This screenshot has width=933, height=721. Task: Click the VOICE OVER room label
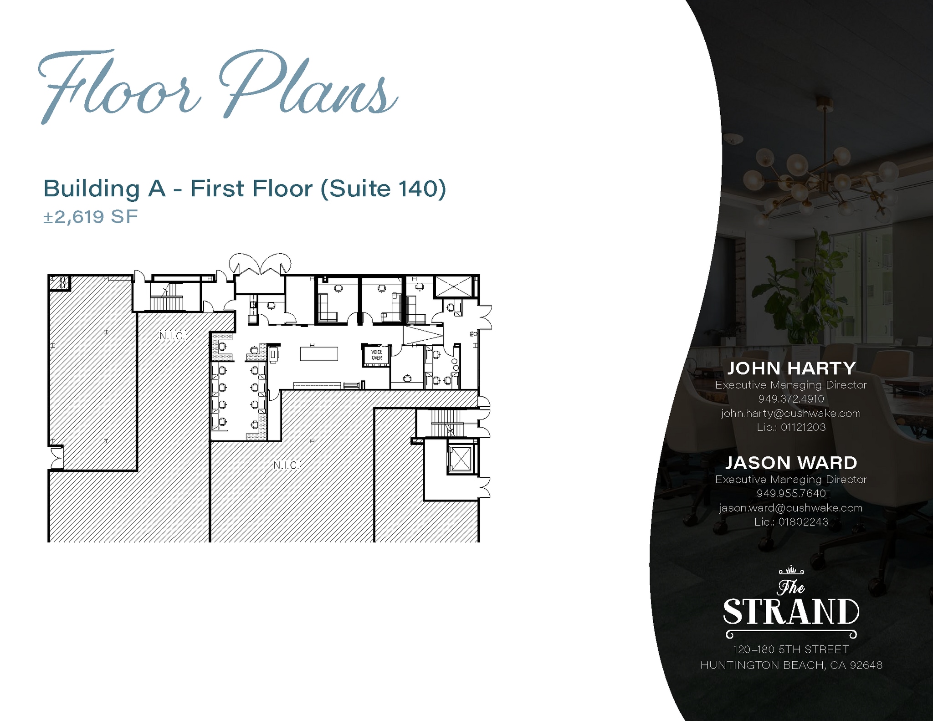tap(377, 355)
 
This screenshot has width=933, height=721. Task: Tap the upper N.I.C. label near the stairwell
tap(172, 336)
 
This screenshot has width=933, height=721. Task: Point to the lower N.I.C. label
tap(286, 465)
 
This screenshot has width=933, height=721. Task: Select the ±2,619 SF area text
tap(90, 217)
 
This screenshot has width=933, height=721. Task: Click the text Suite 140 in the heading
tap(383, 189)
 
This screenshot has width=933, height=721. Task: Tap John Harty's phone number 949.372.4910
tap(791, 399)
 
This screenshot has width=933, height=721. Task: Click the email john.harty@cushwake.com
tap(791, 414)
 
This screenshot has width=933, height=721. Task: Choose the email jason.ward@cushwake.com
tap(791, 508)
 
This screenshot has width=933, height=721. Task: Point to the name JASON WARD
tap(791, 463)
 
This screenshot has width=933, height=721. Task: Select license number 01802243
tap(803, 522)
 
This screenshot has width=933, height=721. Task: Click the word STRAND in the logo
tap(791, 612)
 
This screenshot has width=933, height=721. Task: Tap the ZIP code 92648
tap(866, 665)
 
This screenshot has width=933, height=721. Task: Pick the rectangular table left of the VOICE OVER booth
tap(319, 353)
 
